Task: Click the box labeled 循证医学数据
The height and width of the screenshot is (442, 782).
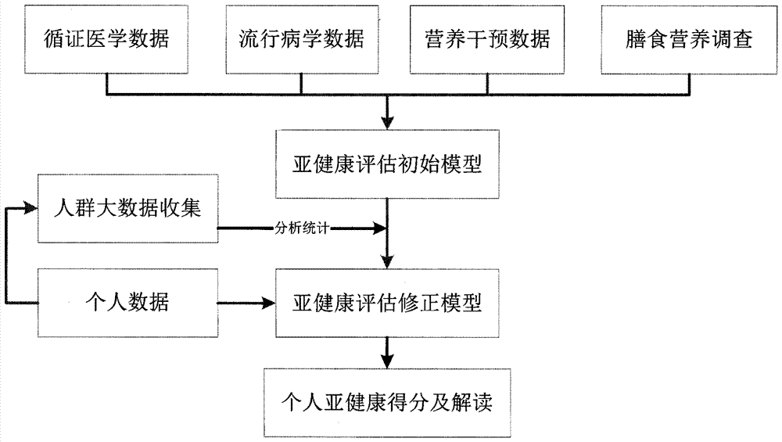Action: [x=107, y=39]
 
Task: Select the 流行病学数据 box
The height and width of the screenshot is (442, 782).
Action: [x=301, y=39]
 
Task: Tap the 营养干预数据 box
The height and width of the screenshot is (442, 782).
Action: [x=487, y=39]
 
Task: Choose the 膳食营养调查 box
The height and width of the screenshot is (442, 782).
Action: [x=689, y=39]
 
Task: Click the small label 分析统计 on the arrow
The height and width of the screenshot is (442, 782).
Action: [x=303, y=228]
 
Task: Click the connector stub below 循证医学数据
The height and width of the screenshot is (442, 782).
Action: [x=107, y=84]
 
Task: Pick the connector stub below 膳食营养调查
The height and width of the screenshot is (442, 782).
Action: [x=689, y=84]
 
